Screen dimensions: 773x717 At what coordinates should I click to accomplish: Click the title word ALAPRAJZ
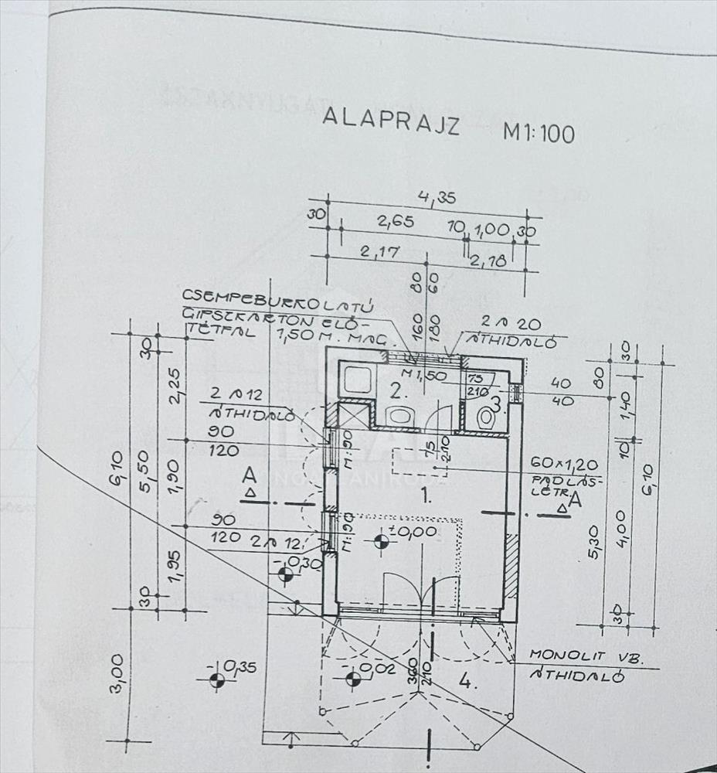(x=390, y=122)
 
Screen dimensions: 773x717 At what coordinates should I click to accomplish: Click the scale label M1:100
(x=539, y=132)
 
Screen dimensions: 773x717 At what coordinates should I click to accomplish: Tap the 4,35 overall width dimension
(x=437, y=197)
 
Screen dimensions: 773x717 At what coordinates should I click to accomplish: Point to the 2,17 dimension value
(x=379, y=251)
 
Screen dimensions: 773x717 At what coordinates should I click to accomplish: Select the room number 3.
(x=497, y=402)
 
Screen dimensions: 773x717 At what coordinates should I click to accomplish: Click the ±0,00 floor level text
(x=415, y=532)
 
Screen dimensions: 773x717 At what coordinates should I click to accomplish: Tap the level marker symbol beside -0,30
(x=286, y=574)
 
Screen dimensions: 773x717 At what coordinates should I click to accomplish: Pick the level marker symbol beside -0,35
(x=217, y=679)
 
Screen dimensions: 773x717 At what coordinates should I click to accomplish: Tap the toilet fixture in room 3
(x=486, y=418)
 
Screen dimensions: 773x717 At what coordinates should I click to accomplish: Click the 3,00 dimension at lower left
(x=117, y=674)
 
